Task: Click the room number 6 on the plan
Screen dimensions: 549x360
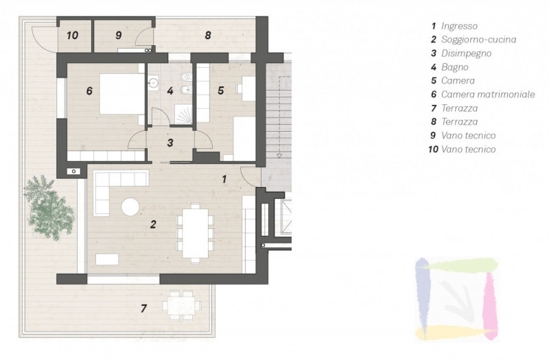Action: (x=89, y=91)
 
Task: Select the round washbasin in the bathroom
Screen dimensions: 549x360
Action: (x=153, y=83)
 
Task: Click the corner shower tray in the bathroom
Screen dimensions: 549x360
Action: (x=183, y=115)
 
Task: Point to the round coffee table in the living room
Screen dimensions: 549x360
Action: (x=130, y=207)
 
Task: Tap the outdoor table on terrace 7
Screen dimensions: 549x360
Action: (x=181, y=305)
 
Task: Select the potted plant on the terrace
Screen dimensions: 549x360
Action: (x=49, y=208)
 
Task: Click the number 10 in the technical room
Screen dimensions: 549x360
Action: (x=72, y=36)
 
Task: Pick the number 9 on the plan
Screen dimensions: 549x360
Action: (x=118, y=36)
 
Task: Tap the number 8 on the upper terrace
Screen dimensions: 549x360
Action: (x=208, y=36)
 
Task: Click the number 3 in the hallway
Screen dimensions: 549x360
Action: (x=170, y=143)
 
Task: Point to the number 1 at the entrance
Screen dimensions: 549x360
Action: (x=224, y=180)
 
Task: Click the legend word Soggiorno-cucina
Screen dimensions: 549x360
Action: (x=478, y=40)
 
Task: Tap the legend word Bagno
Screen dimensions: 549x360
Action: (x=454, y=67)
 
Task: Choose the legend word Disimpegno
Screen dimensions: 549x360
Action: (x=466, y=53)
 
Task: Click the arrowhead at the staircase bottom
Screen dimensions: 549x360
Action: (x=279, y=156)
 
